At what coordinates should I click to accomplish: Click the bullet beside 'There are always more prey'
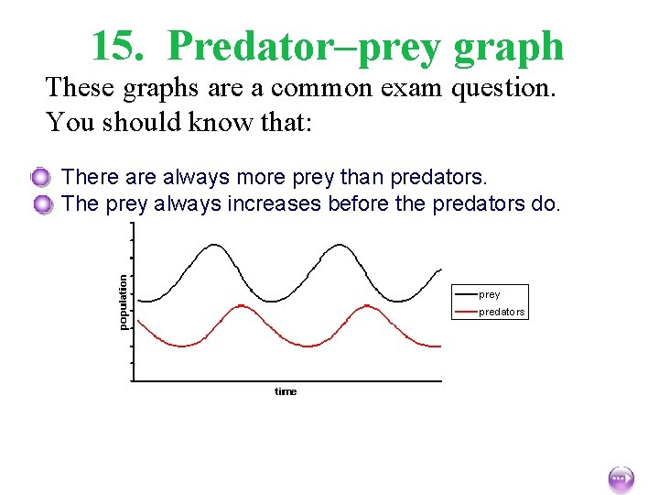[41, 177]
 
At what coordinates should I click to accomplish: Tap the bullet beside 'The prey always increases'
[41, 204]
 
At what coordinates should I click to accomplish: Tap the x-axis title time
[286, 391]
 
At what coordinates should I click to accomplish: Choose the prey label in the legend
[490, 294]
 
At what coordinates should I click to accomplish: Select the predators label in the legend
[502, 312]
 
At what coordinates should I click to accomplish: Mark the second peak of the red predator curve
[367, 306]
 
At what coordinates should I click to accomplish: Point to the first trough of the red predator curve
[183, 346]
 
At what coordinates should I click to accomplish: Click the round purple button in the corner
[620, 478]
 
